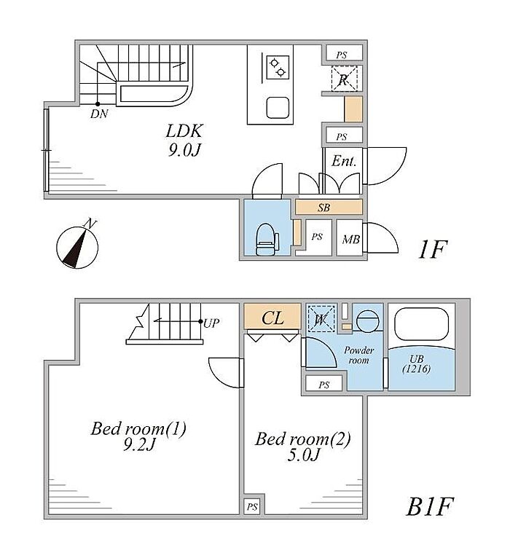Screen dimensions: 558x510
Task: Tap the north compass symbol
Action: (76, 245)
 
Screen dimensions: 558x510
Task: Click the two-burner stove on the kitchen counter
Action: (278, 68)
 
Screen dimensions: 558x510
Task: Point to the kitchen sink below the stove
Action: (278, 108)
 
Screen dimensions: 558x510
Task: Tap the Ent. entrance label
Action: (344, 162)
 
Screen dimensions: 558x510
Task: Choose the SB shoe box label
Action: (324, 208)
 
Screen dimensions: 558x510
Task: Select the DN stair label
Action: (99, 114)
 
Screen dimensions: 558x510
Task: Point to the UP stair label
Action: (212, 322)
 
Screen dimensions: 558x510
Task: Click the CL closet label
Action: (272, 318)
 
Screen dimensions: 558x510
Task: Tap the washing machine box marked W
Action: (321, 318)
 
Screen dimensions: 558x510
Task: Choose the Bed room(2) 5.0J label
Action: (303, 446)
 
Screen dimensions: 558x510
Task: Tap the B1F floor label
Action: (431, 506)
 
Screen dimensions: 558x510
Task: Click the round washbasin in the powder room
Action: (368, 320)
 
